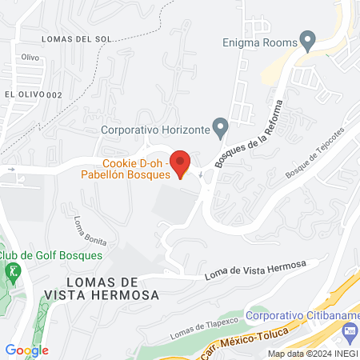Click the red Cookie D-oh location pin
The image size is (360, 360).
[x=181, y=162]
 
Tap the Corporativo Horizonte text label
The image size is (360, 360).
[x=155, y=128]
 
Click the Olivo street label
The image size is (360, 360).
[x=30, y=58]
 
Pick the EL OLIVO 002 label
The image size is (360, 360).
[x=33, y=94]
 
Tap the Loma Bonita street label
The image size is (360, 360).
[x=90, y=230]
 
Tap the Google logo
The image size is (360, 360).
[x=27, y=350]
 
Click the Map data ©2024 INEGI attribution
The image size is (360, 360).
[x=312, y=354]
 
